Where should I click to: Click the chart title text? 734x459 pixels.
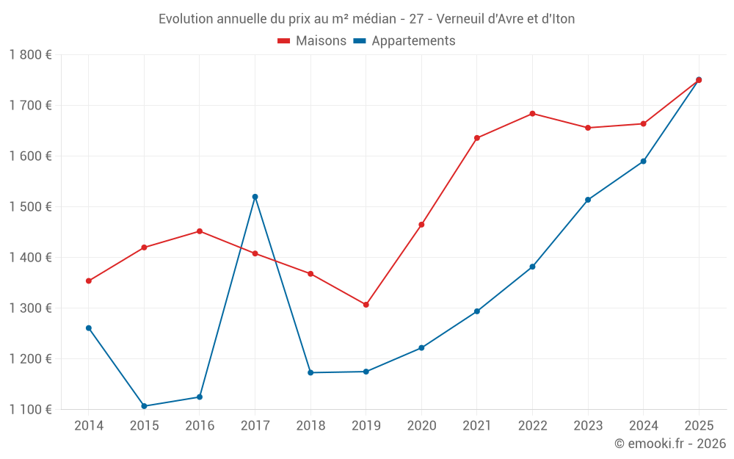[x=366, y=18]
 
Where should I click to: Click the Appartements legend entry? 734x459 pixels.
[x=404, y=41]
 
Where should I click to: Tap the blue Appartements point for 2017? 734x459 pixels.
[x=255, y=197]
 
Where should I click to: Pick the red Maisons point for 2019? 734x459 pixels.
[x=366, y=305]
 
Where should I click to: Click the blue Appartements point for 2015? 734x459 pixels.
[x=144, y=406]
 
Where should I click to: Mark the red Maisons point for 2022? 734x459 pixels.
[x=532, y=114]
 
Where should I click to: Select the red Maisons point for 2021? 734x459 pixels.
[x=477, y=138]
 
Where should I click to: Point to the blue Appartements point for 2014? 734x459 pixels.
[x=89, y=328]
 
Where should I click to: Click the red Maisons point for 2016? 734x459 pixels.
[x=200, y=231]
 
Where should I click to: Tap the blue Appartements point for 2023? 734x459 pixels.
[x=588, y=200]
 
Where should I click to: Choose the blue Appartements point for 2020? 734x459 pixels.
[x=421, y=348]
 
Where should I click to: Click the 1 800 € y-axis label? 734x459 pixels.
[x=30, y=54]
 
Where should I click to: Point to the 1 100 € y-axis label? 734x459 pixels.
[x=30, y=410]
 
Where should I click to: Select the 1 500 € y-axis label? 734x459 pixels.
[x=30, y=207]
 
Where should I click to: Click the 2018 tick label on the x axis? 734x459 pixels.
[x=310, y=426]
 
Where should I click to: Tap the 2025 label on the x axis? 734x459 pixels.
[x=699, y=426]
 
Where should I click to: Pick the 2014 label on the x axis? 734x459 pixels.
[x=89, y=426]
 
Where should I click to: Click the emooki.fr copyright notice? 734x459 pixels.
[x=669, y=444]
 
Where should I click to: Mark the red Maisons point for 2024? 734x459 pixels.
[x=643, y=124]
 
